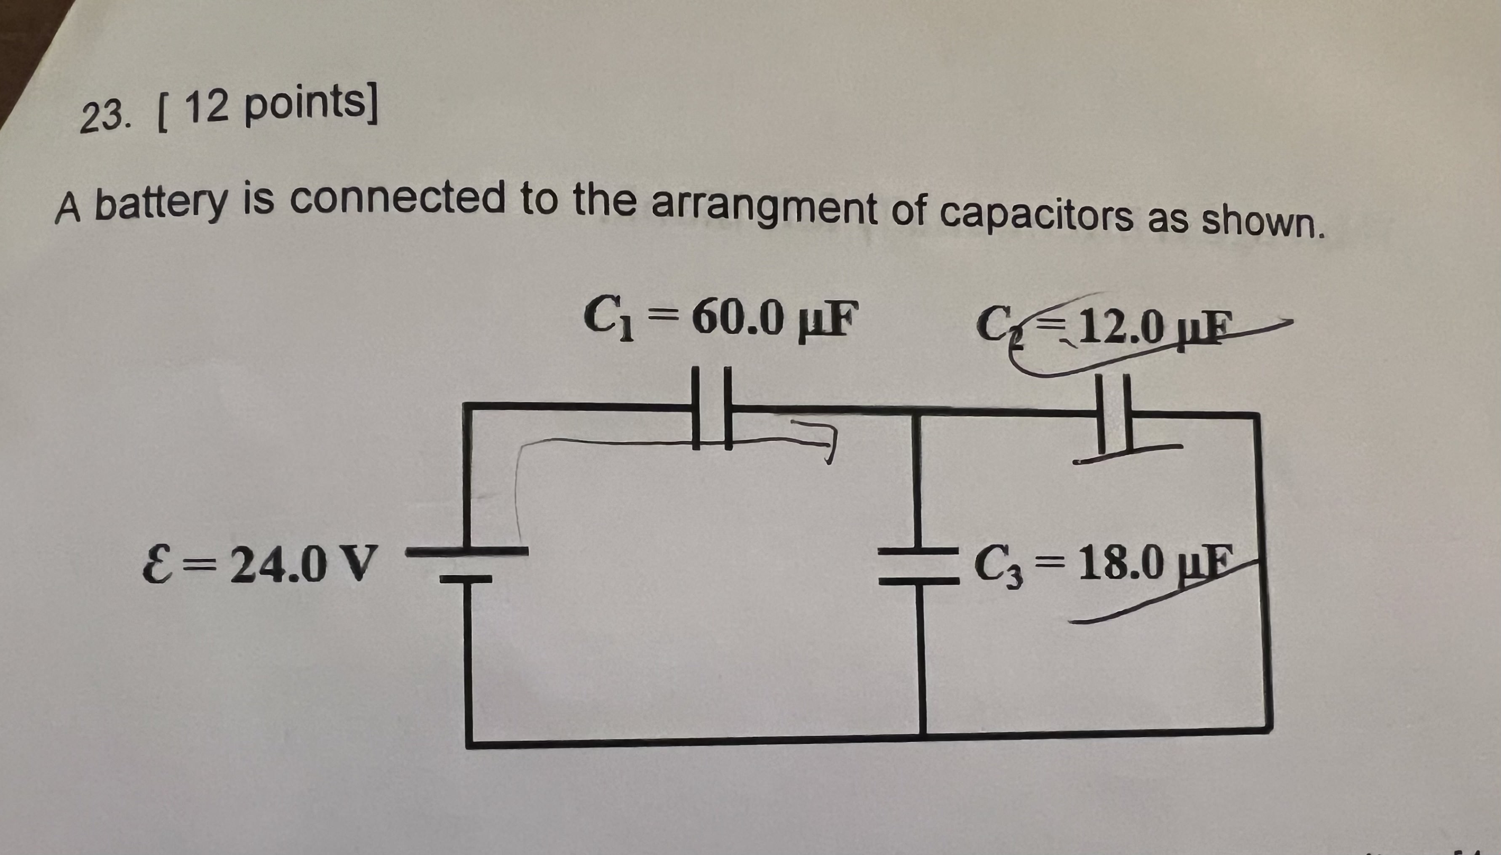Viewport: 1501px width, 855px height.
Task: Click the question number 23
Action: [x=103, y=118]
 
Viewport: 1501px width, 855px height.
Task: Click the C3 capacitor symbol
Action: [x=920, y=566]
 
